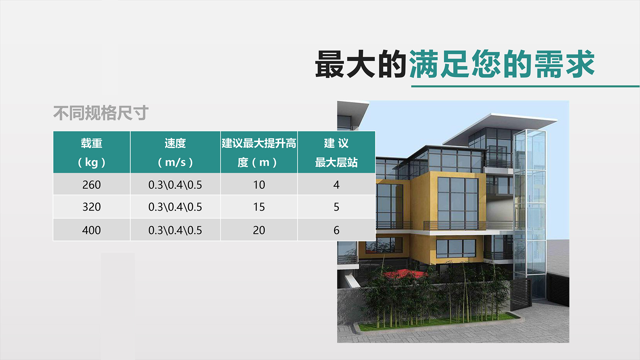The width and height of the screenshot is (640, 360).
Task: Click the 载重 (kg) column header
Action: tap(92, 152)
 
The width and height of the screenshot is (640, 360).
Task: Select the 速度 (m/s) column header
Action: tap(175, 152)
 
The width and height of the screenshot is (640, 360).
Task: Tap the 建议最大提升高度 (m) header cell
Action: tap(259, 152)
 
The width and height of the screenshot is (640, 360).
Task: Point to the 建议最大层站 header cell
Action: tap(336, 152)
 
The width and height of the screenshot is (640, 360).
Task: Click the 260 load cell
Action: tap(92, 185)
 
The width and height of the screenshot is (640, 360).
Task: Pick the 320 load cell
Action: tap(92, 207)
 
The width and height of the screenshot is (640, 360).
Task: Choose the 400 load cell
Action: tap(92, 230)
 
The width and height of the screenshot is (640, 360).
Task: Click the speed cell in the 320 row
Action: tap(175, 207)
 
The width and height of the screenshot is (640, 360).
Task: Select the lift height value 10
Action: tap(259, 185)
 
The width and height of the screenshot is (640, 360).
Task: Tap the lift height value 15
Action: tap(259, 207)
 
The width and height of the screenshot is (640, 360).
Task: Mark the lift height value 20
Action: tap(259, 230)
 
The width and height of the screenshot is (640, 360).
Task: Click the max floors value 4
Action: tap(336, 185)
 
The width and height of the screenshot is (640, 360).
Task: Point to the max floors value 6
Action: tap(336, 230)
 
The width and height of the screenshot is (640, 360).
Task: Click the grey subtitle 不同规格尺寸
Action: tap(101, 113)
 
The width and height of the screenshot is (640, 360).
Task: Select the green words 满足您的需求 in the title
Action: tap(502, 64)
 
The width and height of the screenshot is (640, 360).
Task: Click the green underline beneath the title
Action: tap(525, 86)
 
